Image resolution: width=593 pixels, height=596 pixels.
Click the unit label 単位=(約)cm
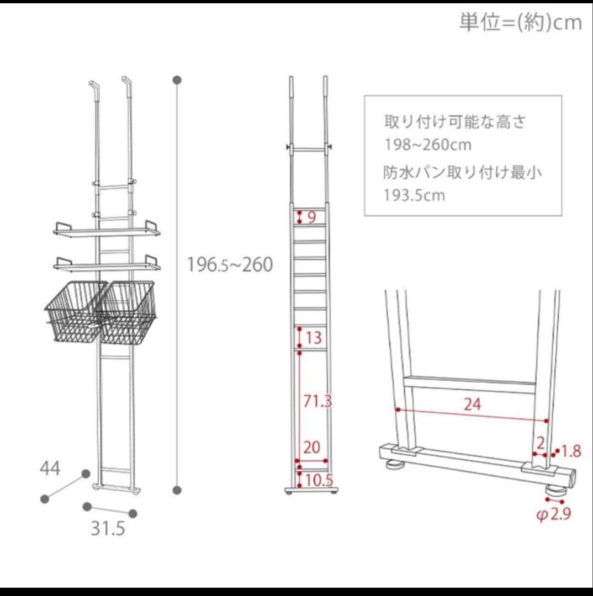pyautogui.click(x=520, y=22)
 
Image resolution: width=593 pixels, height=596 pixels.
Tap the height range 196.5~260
pyautogui.click(x=230, y=265)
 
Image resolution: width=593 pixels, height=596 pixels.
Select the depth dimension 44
pyautogui.click(x=50, y=469)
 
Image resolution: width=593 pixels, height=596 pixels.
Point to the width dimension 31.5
pyautogui.click(x=108, y=529)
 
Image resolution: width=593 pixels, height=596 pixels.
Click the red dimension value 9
pyautogui.click(x=311, y=217)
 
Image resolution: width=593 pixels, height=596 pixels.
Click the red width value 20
pyautogui.click(x=312, y=447)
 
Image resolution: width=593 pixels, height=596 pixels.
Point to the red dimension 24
pyautogui.click(x=472, y=405)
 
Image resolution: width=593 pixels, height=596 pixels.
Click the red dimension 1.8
pyautogui.click(x=571, y=451)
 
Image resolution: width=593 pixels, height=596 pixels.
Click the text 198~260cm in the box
pyautogui.click(x=428, y=145)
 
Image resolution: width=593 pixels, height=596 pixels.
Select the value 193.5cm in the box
pyautogui.click(x=415, y=195)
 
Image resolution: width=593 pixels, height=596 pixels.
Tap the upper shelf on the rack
pyautogui.click(x=108, y=231)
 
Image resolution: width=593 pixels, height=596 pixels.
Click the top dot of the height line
pyautogui.click(x=177, y=80)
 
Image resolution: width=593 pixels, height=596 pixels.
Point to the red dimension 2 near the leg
pyautogui.click(x=541, y=441)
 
